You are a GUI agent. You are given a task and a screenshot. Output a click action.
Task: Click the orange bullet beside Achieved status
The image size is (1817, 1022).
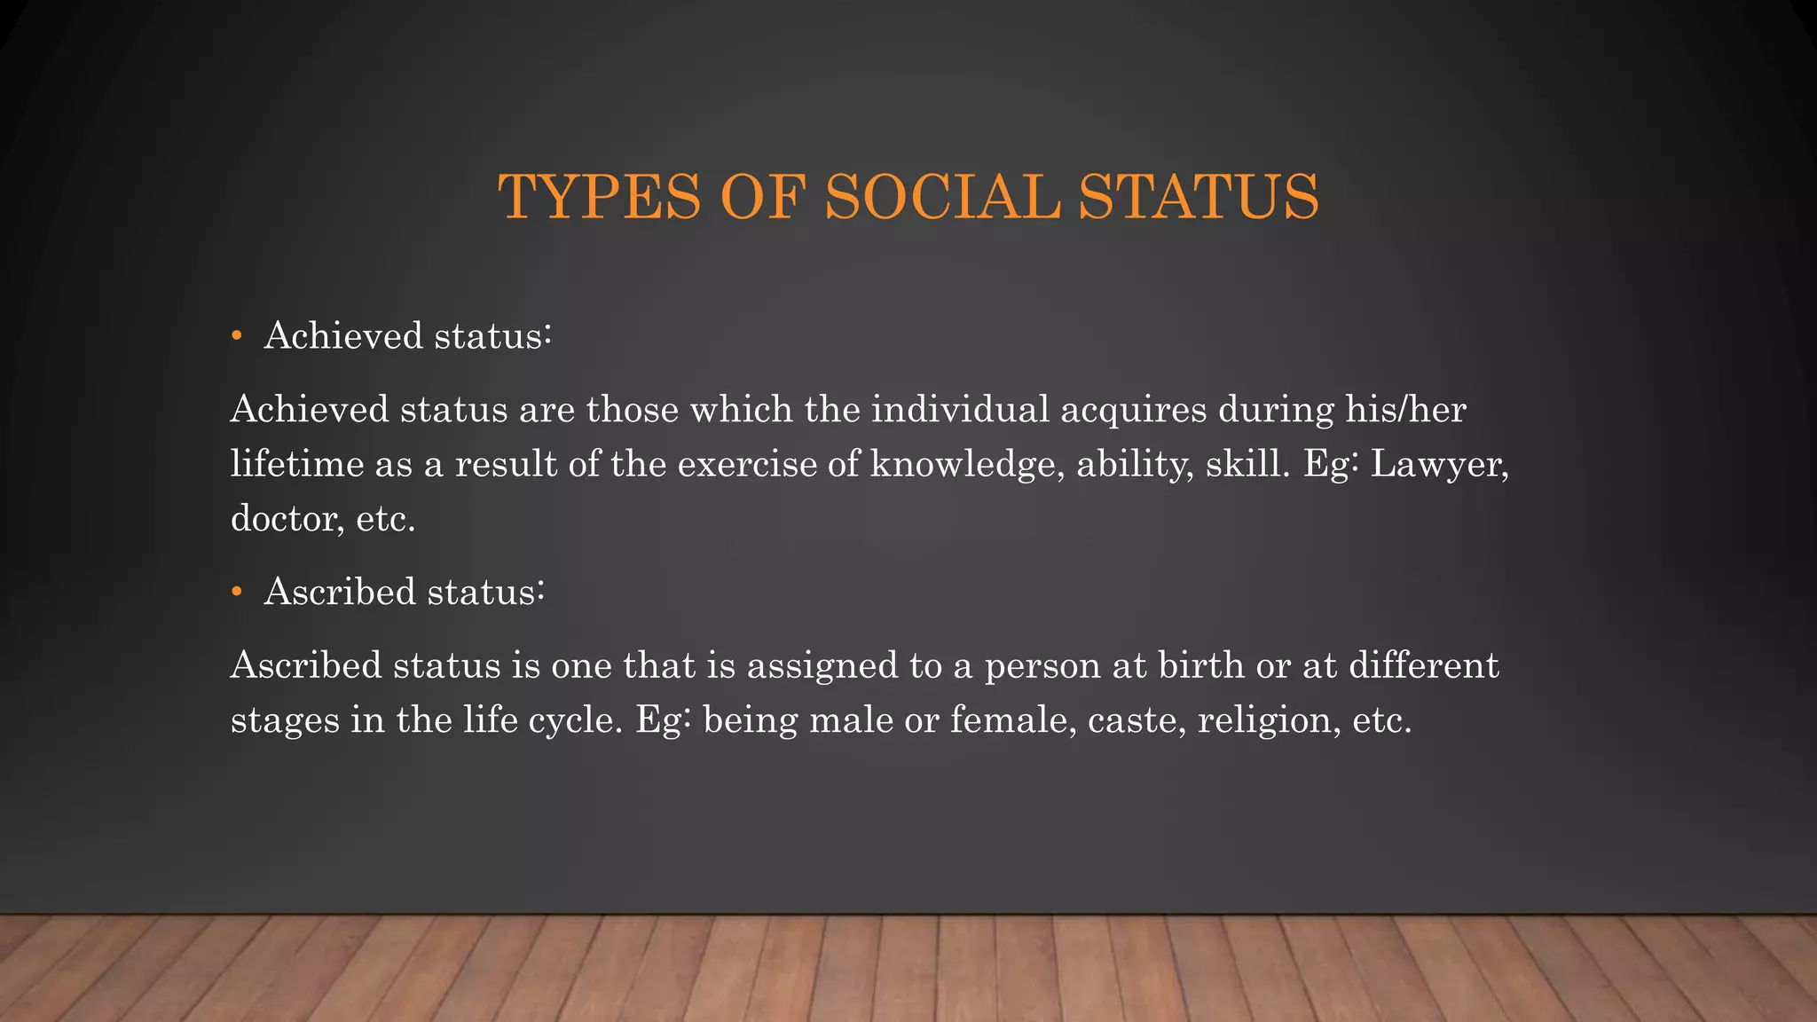(x=236, y=336)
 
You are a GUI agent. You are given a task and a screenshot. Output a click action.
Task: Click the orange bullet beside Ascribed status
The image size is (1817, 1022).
(x=236, y=592)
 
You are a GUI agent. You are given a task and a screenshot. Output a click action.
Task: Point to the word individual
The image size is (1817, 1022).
(x=960, y=410)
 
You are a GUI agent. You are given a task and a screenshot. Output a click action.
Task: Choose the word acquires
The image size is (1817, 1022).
(x=1133, y=410)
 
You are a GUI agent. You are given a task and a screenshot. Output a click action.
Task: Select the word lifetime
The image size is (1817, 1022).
(x=297, y=464)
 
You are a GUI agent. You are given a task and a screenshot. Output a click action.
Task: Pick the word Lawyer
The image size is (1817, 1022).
(x=1438, y=464)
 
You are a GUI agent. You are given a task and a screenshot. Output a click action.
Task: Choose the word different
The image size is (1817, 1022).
(x=1423, y=665)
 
